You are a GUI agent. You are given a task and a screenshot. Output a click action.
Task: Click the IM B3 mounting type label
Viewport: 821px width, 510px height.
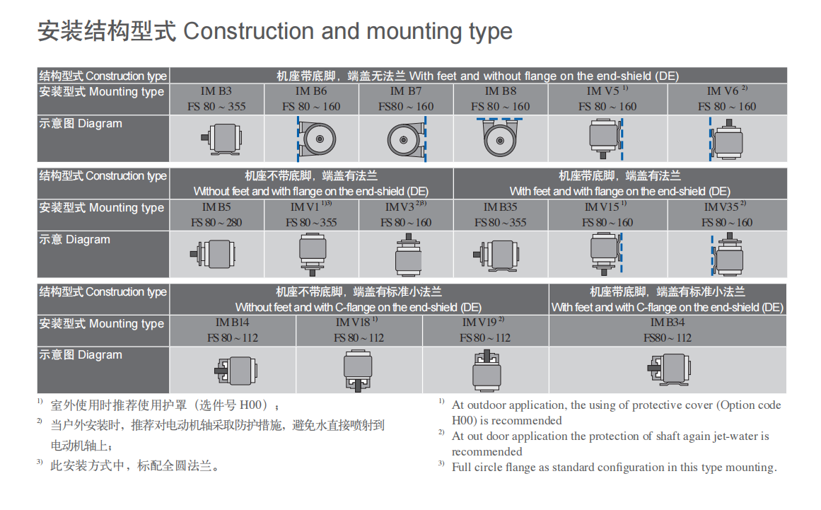coord(216,91)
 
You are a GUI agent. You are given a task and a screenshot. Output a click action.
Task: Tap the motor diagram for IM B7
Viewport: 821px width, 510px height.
coord(407,139)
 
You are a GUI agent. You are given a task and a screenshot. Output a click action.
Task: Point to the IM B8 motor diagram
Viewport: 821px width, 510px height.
coord(499,137)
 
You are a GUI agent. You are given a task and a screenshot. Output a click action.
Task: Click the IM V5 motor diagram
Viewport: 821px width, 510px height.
coord(606,139)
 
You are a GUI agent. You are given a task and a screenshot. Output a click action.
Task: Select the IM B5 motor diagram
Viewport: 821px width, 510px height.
coord(213,254)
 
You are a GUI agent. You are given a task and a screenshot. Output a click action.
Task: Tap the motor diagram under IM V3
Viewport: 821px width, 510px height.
coord(408,255)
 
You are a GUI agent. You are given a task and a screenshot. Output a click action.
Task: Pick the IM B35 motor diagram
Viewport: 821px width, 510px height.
coord(496,255)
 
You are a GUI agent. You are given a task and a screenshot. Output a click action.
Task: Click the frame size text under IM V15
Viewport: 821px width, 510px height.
coord(607,223)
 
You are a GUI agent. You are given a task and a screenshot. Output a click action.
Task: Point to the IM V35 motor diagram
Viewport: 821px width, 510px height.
coord(727,255)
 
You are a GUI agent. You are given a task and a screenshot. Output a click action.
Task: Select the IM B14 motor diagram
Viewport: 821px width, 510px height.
coord(235,370)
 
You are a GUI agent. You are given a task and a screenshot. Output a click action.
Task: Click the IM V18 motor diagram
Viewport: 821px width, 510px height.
coord(358,371)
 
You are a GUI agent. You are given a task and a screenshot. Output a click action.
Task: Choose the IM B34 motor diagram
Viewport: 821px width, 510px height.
coord(669,369)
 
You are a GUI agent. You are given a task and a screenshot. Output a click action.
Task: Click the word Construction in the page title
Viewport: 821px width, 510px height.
coord(248,31)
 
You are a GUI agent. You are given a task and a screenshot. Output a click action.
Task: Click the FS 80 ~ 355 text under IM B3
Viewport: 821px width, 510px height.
coord(216,106)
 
